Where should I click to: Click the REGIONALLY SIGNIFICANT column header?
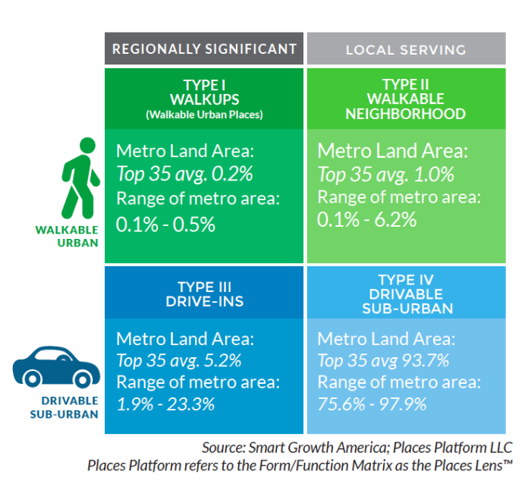tap(204, 49)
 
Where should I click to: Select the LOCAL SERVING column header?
tap(405, 50)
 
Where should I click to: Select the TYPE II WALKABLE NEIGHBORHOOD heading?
tap(405, 99)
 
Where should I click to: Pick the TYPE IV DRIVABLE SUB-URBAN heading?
tap(405, 294)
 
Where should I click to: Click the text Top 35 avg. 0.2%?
tap(184, 174)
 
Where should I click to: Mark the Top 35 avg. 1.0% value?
tap(385, 174)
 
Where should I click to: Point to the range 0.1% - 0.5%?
tap(165, 225)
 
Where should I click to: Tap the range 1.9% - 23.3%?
tap(165, 404)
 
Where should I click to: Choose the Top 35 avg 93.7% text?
tap(383, 360)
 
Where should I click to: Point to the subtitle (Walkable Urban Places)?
tap(204, 115)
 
